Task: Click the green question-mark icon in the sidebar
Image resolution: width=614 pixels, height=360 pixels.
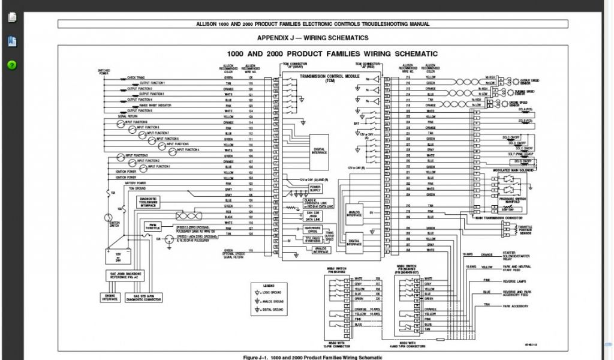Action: (11, 65)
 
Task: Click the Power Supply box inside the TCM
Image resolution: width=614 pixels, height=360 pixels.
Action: (315, 189)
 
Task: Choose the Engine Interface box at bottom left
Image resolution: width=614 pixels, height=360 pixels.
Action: (111, 297)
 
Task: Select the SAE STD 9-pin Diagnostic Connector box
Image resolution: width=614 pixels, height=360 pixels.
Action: (144, 297)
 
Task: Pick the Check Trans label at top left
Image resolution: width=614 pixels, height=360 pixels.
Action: (135, 77)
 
